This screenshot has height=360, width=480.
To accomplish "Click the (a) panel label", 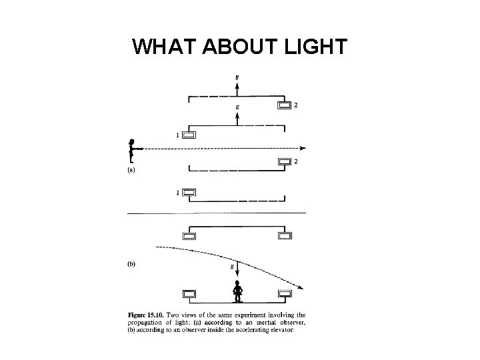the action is tap(131, 169).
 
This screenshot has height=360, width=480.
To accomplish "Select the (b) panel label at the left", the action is tap(131, 264).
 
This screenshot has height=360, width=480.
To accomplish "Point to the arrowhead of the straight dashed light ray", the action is tap(303, 147).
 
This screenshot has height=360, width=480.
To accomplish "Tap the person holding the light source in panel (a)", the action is tap(133, 150).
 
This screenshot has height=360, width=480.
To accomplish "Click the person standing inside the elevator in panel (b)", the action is tap(237, 292).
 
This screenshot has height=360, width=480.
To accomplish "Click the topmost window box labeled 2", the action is tap(285, 105).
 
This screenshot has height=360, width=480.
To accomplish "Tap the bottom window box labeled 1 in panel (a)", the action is tap(189, 193).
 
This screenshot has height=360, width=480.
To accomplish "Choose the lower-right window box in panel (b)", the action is tap(285, 293).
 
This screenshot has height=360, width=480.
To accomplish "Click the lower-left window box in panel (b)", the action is tap(189, 293).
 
